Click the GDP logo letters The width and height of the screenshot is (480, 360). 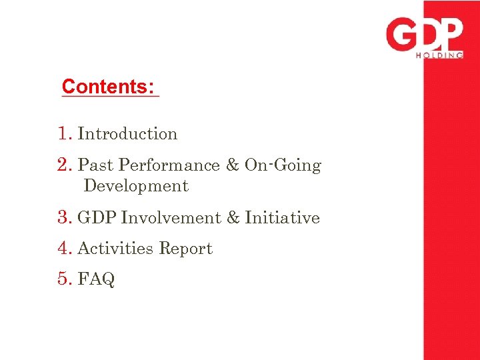[424, 35]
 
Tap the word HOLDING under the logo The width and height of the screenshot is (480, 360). [439, 56]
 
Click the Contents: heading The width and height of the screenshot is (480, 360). [108, 87]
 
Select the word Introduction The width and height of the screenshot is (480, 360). [127, 134]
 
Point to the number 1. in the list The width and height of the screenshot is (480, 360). [65, 134]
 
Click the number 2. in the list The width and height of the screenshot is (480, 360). [65, 165]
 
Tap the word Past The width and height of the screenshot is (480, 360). [95, 165]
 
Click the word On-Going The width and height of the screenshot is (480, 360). [283, 165]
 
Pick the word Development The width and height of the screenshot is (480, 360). [136, 186]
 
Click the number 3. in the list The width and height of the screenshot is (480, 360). [65, 218]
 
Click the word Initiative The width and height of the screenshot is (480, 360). [282, 218]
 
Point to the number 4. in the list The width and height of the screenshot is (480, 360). [65, 249]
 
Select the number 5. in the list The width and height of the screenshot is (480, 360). [65, 279]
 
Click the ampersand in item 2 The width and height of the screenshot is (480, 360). [232, 165]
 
